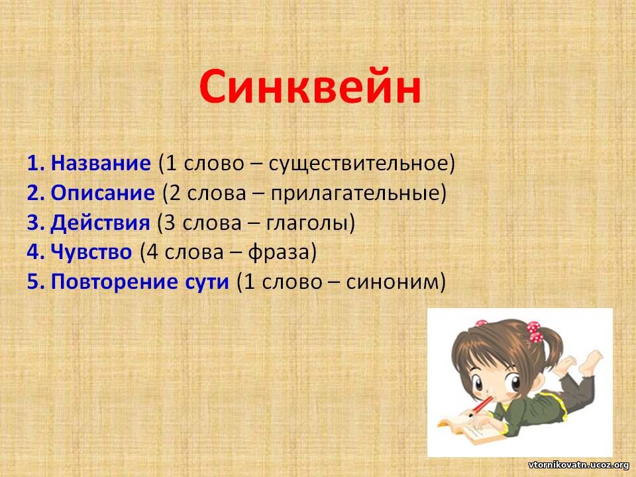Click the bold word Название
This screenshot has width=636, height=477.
pyautogui.click(x=101, y=163)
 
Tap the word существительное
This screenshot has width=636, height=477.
pyautogui.click(x=358, y=164)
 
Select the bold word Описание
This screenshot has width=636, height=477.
pyautogui.click(x=103, y=193)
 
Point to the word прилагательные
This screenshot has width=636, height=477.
pyautogui.click(x=355, y=193)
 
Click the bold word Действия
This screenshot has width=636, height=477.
pyautogui.click(x=100, y=223)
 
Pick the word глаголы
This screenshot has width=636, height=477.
pyautogui.click(x=306, y=223)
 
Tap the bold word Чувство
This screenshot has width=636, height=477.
pyautogui.click(x=91, y=252)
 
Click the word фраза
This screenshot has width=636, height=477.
pyautogui.click(x=278, y=252)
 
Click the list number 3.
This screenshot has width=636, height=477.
pyautogui.click(x=36, y=223)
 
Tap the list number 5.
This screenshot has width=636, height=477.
pyautogui.click(x=36, y=282)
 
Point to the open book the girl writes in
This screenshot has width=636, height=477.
pyautogui.click(x=470, y=430)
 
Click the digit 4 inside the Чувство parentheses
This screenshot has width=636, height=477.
pyautogui.click(x=152, y=252)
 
